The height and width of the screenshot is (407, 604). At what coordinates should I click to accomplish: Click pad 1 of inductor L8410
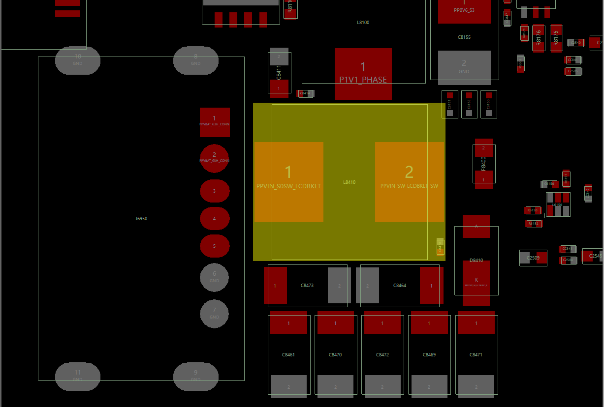click(288, 182)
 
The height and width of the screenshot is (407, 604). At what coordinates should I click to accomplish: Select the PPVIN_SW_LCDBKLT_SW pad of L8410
click(409, 182)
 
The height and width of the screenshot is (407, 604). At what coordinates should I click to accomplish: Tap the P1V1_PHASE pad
click(363, 73)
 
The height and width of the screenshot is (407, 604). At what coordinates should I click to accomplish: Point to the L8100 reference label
click(363, 23)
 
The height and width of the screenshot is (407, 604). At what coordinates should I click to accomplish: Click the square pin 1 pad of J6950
click(215, 122)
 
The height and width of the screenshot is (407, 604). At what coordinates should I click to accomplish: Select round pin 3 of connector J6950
click(215, 191)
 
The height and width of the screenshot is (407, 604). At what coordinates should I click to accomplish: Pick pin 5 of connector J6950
click(215, 246)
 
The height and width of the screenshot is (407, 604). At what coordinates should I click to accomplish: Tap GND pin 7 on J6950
click(214, 313)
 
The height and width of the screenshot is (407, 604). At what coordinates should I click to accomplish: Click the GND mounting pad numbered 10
click(78, 60)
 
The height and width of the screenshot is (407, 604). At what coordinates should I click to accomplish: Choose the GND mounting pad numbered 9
click(195, 377)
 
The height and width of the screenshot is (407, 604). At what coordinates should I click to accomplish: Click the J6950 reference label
click(141, 219)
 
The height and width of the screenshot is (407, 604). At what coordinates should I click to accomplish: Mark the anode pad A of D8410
click(476, 226)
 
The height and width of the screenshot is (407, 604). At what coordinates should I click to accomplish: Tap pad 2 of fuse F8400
click(483, 148)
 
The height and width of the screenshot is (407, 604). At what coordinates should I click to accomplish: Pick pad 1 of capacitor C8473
click(275, 285)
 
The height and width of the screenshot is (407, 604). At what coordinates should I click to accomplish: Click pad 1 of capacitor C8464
click(431, 285)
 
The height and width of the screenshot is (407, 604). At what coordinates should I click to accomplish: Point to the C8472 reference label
click(382, 355)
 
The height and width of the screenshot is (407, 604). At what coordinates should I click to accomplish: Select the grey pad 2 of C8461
click(288, 386)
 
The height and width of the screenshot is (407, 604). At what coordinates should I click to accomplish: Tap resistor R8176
click(539, 38)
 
